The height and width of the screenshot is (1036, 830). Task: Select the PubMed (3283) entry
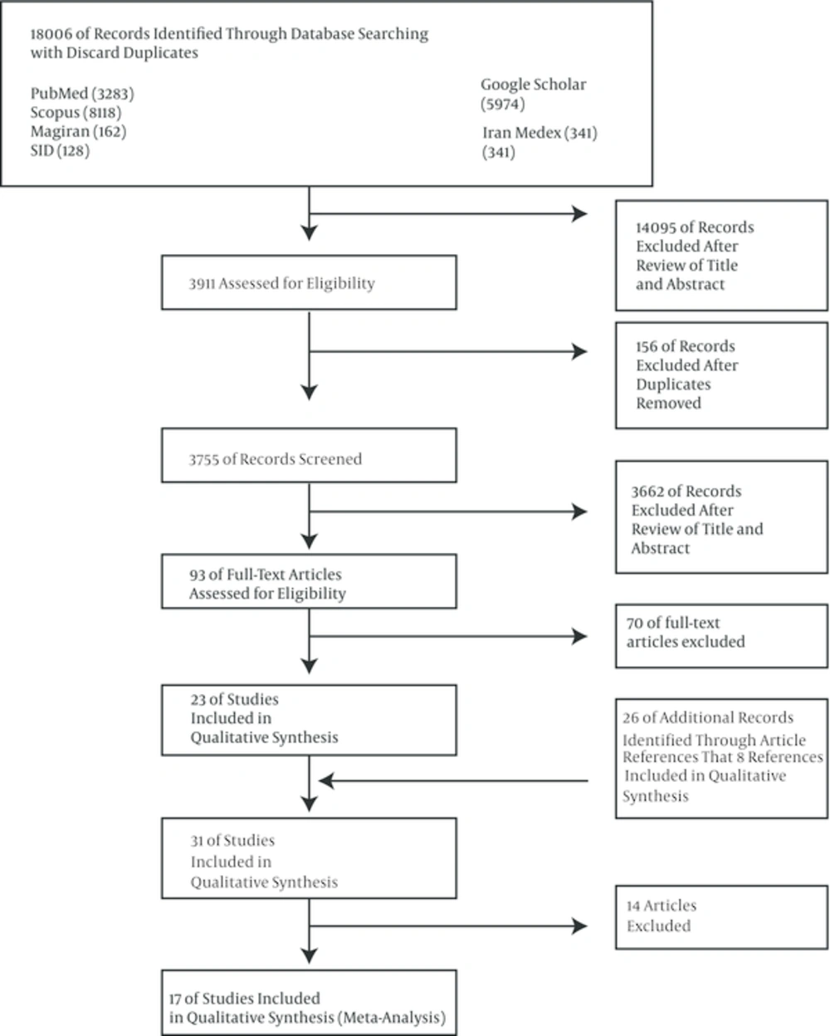pos(82,94)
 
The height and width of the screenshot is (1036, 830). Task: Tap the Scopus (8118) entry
pos(76,113)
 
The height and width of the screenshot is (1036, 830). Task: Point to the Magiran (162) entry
pos(79,131)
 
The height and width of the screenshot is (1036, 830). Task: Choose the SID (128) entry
pos(61,151)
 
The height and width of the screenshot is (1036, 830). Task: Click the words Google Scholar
pos(534,85)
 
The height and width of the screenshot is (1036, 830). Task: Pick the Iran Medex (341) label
pos(540,133)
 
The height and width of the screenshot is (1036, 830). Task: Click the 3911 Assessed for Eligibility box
pos(309,282)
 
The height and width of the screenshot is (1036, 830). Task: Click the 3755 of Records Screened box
pos(309,455)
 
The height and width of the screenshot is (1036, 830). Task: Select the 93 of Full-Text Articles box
pos(309,581)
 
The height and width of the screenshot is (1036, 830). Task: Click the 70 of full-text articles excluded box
pos(721,636)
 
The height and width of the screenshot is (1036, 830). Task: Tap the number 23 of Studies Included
pos(198,699)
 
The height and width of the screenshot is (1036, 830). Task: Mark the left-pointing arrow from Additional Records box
pos(453,781)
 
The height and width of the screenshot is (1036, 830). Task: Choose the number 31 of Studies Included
pos(197,841)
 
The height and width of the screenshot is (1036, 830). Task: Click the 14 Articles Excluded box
pos(721,917)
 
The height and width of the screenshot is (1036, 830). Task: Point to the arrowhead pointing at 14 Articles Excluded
pos(579,926)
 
